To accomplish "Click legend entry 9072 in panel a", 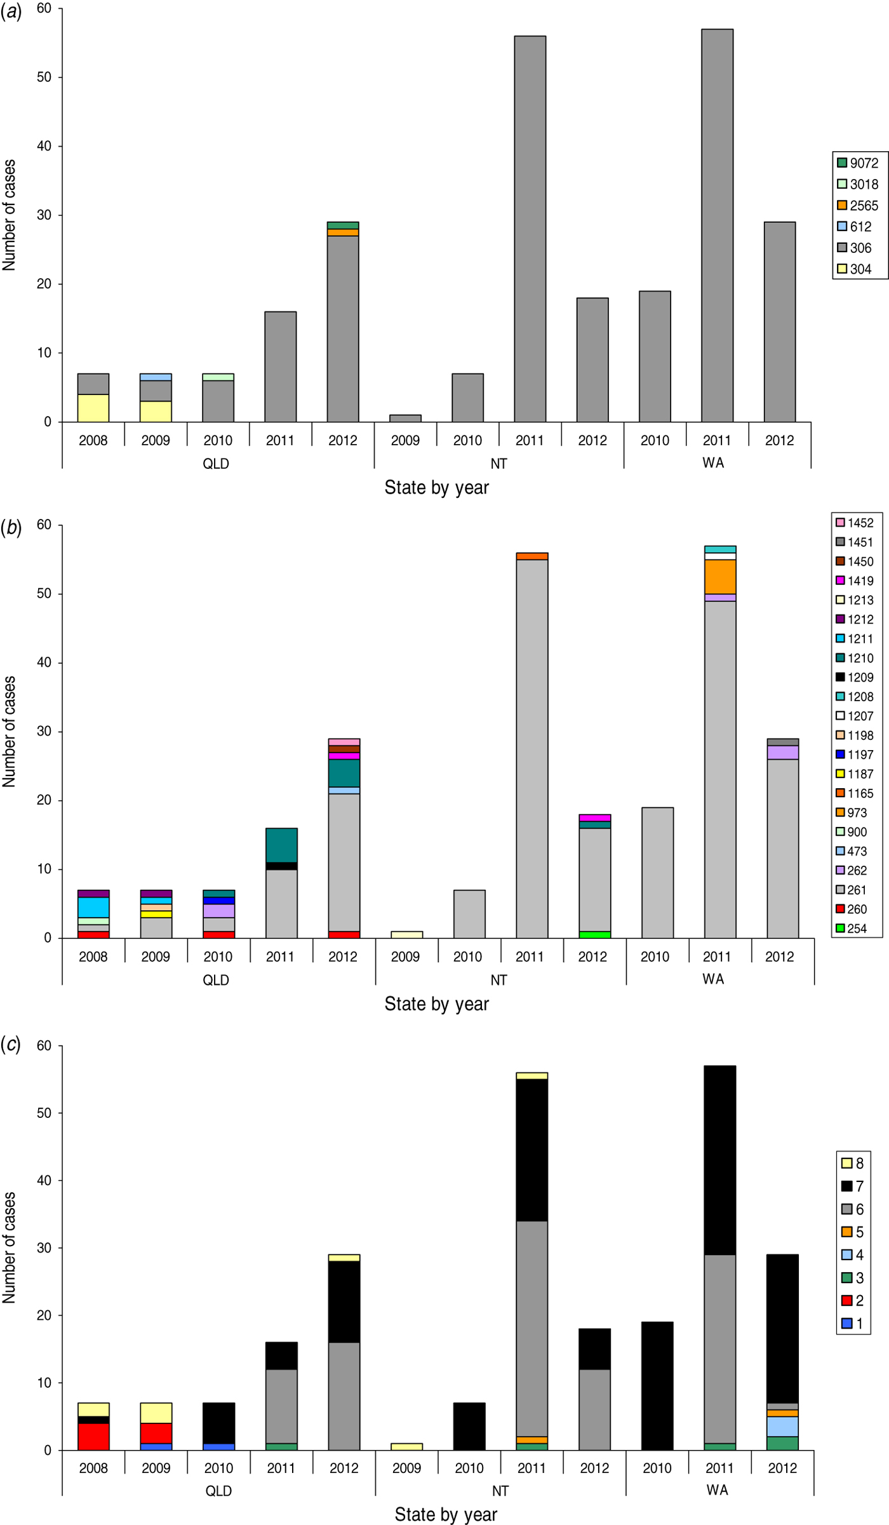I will pos(857,163).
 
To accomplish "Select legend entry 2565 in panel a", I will pos(857,206).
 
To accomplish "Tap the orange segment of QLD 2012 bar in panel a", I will pos(343,232).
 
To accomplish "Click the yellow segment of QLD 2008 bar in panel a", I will pos(93,408).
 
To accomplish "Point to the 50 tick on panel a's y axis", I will pos(44,77).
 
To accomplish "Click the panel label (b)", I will pos(11,527).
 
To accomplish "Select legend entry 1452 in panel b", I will pos(855,523).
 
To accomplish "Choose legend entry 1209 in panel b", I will pos(855,677).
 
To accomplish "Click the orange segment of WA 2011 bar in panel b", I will pos(720,577).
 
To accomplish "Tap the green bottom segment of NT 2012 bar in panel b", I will pos(595,934).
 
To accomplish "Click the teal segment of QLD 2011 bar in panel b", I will pos(281,845).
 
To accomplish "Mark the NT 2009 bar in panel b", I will pos(407,934).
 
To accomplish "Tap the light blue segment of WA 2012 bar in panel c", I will pos(782,1426).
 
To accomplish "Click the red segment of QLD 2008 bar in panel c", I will pos(93,1436).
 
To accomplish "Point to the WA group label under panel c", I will pos(718,1490).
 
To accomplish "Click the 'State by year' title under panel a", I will pos(437,488).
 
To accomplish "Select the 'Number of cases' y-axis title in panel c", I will pos(9,1247).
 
